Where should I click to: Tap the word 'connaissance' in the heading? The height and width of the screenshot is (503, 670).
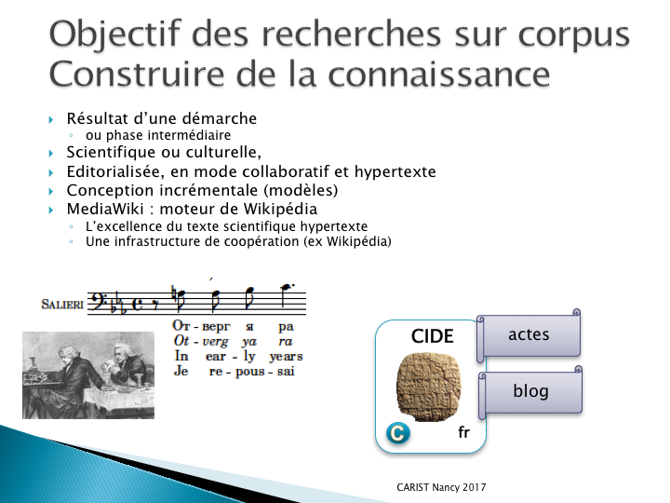[439, 74]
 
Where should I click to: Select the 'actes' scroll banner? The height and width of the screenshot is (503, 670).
[529, 335]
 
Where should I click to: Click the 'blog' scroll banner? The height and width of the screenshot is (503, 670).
[530, 391]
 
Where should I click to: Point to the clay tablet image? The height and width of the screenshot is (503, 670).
[429, 387]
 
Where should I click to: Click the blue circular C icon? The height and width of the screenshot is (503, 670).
[398, 433]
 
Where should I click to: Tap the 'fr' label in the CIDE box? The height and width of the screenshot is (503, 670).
[463, 432]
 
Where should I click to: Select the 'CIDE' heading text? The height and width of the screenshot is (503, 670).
[432, 336]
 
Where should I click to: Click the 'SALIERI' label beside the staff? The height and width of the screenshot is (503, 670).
[62, 305]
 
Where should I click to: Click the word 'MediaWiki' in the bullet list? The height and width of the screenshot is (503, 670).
[105, 209]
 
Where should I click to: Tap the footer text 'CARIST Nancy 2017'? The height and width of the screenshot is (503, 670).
[441, 487]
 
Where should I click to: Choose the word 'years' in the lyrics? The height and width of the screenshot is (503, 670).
[286, 356]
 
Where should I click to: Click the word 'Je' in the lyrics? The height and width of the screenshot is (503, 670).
[181, 371]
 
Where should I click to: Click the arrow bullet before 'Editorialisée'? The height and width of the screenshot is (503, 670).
[51, 173]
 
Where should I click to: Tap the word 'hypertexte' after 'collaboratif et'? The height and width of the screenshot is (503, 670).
[395, 172]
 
